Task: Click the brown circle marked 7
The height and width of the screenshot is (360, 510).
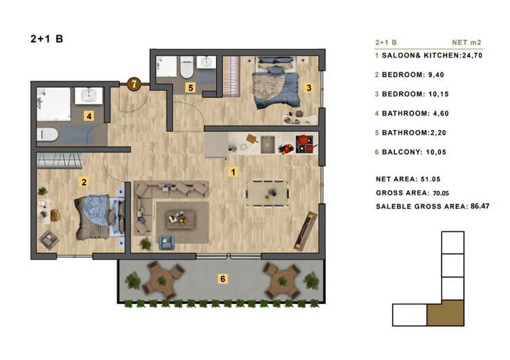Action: (x=133, y=84)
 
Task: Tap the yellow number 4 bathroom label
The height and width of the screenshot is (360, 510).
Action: (x=89, y=116)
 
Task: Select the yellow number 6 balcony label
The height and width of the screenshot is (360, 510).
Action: (x=222, y=278)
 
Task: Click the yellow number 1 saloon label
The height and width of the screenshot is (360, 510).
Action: (x=233, y=172)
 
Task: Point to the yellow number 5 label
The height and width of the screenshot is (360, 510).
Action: (x=190, y=87)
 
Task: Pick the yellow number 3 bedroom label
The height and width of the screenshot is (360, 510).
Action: (x=309, y=87)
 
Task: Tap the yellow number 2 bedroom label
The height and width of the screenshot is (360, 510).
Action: (x=84, y=182)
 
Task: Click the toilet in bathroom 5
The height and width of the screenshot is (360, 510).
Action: (x=187, y=67)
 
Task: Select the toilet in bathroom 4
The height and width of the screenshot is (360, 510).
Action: (x=47, y=134)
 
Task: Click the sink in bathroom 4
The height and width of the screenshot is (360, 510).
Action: (x=89, y=95)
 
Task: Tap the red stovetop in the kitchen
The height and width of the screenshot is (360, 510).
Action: (x=304, y=144)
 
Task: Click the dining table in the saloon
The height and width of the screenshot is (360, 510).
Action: (x=268, y=194)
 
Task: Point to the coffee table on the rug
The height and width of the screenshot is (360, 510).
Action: (x=181, y=220)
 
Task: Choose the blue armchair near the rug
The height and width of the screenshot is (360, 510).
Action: (x=167, y=242)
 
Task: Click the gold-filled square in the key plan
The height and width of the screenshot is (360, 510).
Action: (x=445, y=313)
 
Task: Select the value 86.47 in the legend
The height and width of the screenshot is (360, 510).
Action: (x=480, y=206)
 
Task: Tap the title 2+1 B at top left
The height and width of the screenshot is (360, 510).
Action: (x=47, y=39)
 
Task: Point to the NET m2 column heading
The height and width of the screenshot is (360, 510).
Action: (x=467, y=42)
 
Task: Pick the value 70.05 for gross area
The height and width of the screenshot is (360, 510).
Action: (x=441, y=193)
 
